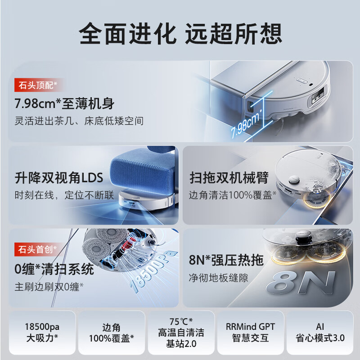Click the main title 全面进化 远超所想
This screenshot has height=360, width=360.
point(180,32)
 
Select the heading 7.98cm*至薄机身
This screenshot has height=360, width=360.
point(64,104)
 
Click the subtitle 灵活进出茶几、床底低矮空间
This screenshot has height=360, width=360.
point(79,121)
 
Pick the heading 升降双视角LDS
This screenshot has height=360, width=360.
point(59,178)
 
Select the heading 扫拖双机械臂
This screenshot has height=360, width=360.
point(229,178)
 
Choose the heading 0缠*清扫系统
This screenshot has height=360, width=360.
point(54,269)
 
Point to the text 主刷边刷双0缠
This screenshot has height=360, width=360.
point(50,286)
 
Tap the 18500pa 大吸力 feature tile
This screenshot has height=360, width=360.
point(42,333)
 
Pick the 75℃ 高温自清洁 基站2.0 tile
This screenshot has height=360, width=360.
point(181,333)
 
